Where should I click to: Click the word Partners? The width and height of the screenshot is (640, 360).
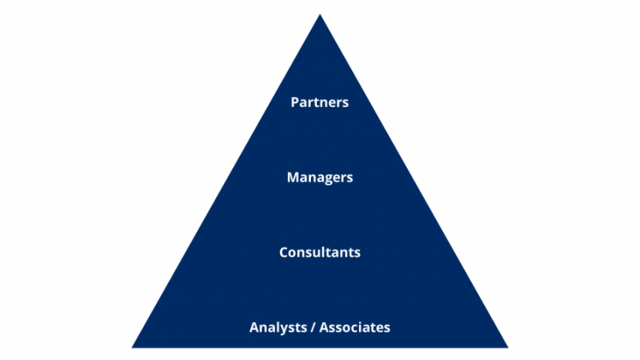[320, 102]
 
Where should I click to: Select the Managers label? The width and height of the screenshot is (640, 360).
[320, 177]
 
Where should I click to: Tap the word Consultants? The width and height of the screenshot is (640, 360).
[320, 252]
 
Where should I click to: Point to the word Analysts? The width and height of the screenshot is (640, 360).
[278, 328]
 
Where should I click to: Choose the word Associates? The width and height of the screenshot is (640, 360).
[355, 328]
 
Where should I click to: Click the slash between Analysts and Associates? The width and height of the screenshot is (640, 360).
[313, 328]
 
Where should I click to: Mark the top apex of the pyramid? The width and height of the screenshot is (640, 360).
[320, 15]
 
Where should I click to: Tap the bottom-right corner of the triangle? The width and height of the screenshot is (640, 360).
[507, 347]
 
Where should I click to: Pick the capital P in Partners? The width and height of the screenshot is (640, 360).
[295, 102]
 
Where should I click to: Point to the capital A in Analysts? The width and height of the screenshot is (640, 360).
[255, 328]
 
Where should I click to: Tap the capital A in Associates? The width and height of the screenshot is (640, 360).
[324, 328]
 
